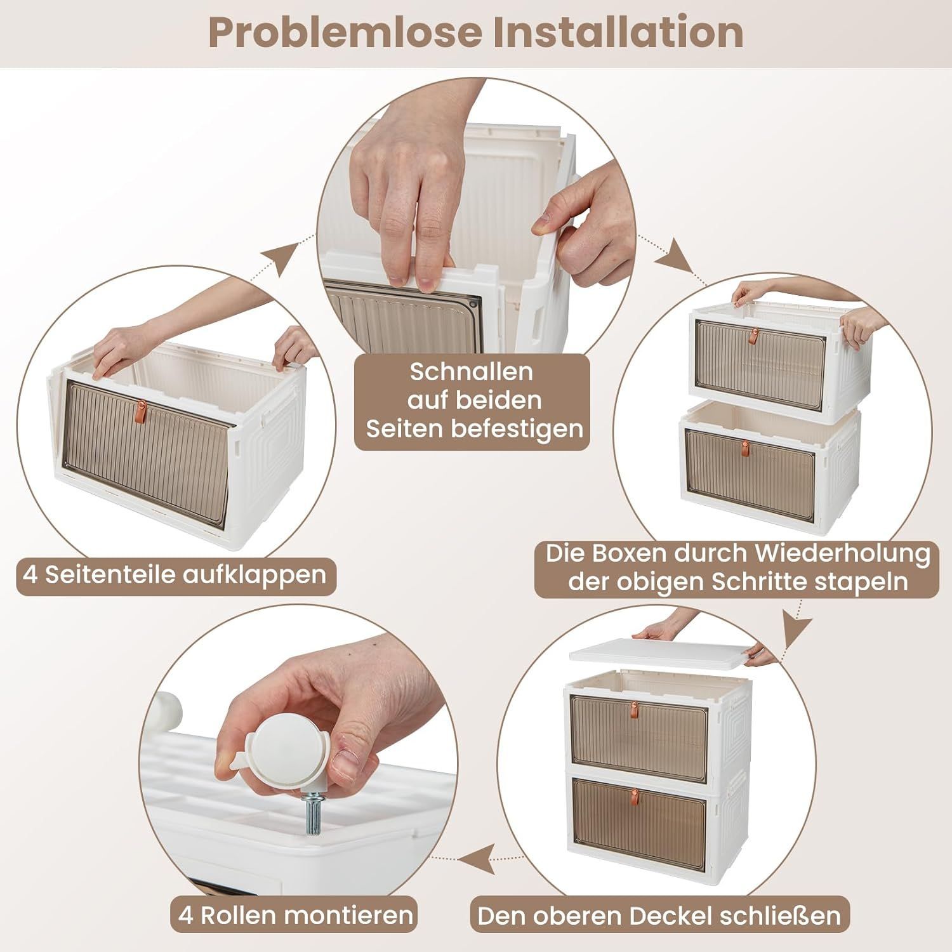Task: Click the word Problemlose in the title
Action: coord(345,33)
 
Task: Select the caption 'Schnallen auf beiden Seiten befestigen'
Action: coord(471,400)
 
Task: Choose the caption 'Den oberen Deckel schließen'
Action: coord(659,916)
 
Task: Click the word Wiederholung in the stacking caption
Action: coord(843,553)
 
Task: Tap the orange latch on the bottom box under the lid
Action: coord(634,795)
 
